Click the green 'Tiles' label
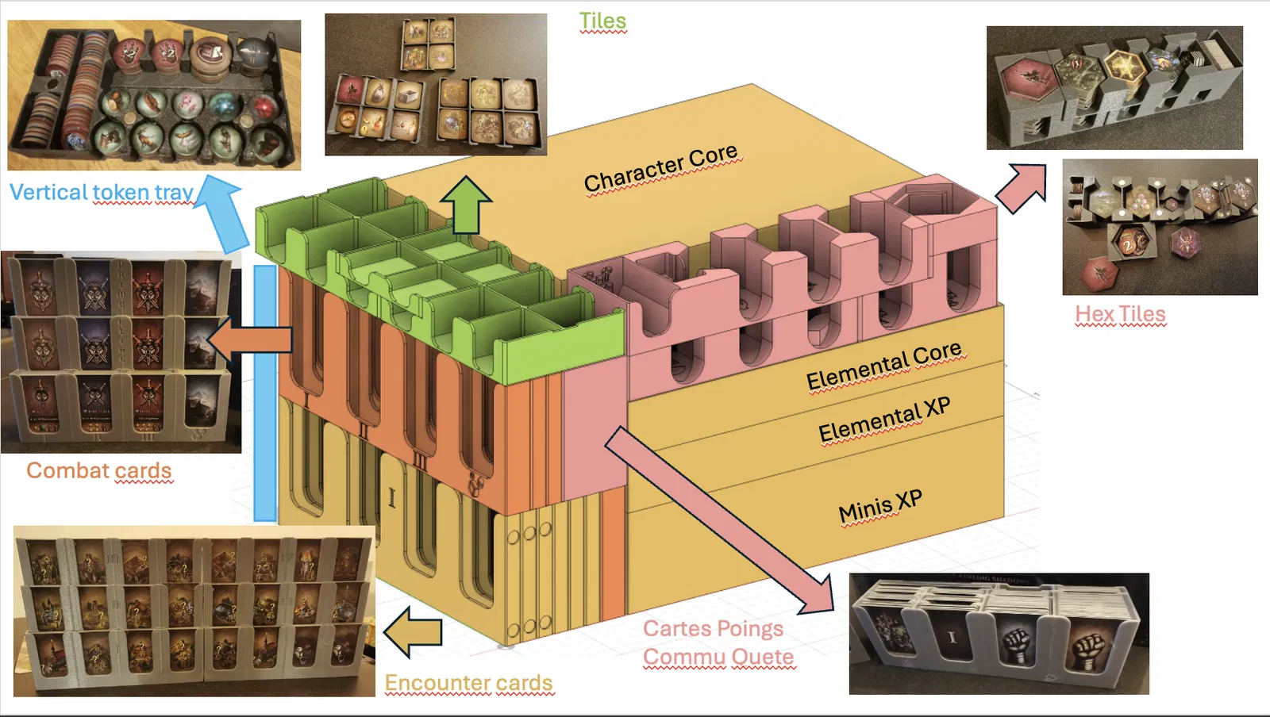click(x=602, y=21)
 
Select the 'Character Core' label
click(x=660, y=168)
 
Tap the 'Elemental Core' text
click(x=883, y=366)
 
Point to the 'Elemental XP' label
click(x=883, y=420)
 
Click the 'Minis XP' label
click(x=879, y=506)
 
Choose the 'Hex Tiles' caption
click(x=1120, y=314)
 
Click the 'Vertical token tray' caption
click(x=102, y=192)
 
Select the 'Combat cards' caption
click(x=99, y=470)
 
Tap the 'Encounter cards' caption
click(x=468, y=683)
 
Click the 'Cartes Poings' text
click(x=713, y=629)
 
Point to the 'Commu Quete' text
click(x=718, y=658)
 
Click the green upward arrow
click(x=466, y=205)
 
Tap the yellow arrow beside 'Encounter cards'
click(x=412, y=632)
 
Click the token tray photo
click(x=154, y=95)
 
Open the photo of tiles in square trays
click(x=436, y=84)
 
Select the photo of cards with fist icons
click(x=999, y=634)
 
